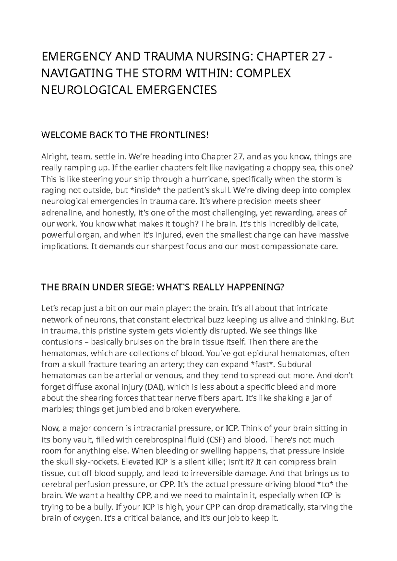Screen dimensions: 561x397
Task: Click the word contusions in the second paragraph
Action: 59,342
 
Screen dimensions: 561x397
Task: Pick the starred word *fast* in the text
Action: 262,364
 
